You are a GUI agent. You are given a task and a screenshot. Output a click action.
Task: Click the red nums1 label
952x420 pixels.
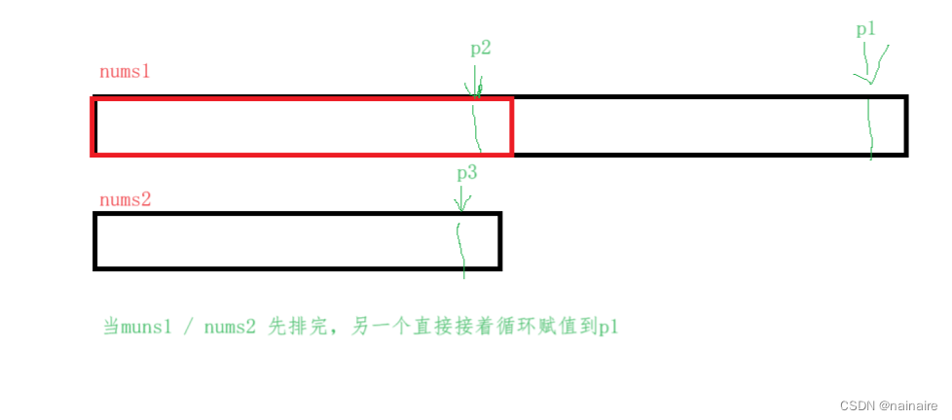click(125, 73)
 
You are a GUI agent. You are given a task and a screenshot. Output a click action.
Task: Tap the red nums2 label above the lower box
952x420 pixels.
click(125, 199)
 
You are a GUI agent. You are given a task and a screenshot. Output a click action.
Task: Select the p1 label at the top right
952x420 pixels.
click(865, 30)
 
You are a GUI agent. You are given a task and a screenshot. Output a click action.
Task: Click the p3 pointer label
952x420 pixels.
click(467, 174)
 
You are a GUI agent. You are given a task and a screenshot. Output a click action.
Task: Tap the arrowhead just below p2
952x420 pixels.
click(476, 91)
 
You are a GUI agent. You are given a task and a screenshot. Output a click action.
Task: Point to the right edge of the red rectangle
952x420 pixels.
click(511, 126)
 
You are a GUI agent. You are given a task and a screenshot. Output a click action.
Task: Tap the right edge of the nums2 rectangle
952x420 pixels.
click(499, 241)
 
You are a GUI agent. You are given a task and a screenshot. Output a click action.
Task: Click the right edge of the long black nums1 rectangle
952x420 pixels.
click(905, 125)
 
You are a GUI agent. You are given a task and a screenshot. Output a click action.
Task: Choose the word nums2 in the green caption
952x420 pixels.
click(230, 328)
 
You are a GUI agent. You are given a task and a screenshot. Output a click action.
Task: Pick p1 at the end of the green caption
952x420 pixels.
click(609, 328)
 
